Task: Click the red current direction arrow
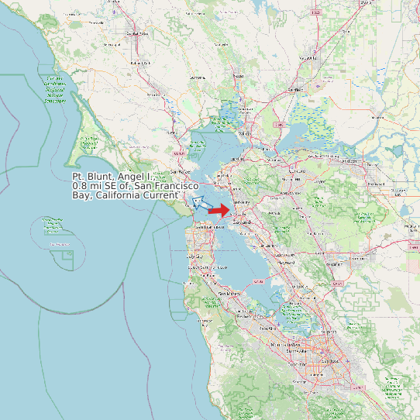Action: point(220,210)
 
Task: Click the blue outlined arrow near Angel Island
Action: point(199,202)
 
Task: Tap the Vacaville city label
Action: point(310,58)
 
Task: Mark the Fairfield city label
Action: point(295,90)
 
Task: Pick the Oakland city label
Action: point(241,222)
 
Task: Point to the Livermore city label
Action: point(335,263)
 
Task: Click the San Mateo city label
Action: point(230,294)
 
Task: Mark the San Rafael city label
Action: point(180,170)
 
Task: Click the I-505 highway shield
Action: point(315,13)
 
